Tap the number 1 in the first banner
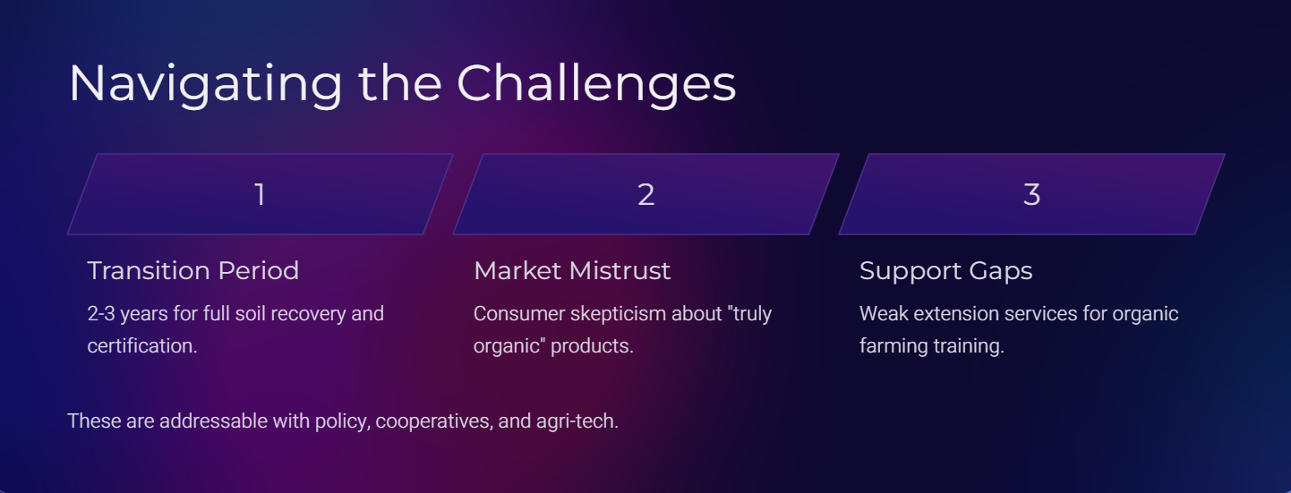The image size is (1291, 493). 260,194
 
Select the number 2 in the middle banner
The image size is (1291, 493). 646,194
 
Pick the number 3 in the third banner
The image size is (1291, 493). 1031,194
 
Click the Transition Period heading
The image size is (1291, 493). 193,271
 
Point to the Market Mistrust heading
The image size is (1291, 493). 572,271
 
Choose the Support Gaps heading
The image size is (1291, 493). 945,271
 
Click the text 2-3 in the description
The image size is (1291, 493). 101,314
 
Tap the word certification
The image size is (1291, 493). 142,346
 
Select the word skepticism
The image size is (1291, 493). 618,314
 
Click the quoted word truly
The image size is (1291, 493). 752,314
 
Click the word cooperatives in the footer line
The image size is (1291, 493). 434,421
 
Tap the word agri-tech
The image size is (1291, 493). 577,421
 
